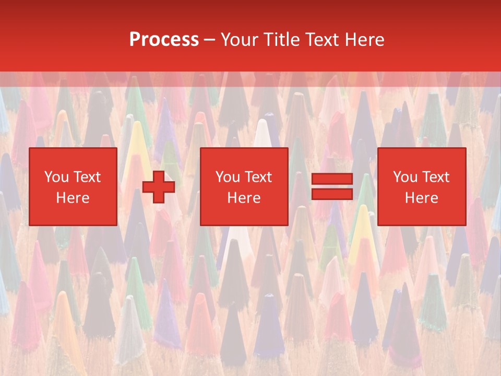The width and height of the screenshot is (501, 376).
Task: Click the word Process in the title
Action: click(164, 40)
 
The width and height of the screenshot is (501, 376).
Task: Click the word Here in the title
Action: click(366, 40)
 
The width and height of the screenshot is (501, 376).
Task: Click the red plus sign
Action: click(159, 187)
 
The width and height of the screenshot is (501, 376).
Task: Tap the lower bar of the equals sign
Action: click(332, 194)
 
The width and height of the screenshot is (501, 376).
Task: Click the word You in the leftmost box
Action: click(56, 177)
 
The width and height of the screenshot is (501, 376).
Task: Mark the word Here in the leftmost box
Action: click(73, 198)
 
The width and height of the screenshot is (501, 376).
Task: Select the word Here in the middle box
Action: click(244, 198)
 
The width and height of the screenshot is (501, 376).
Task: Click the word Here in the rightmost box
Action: click(421, 198)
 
